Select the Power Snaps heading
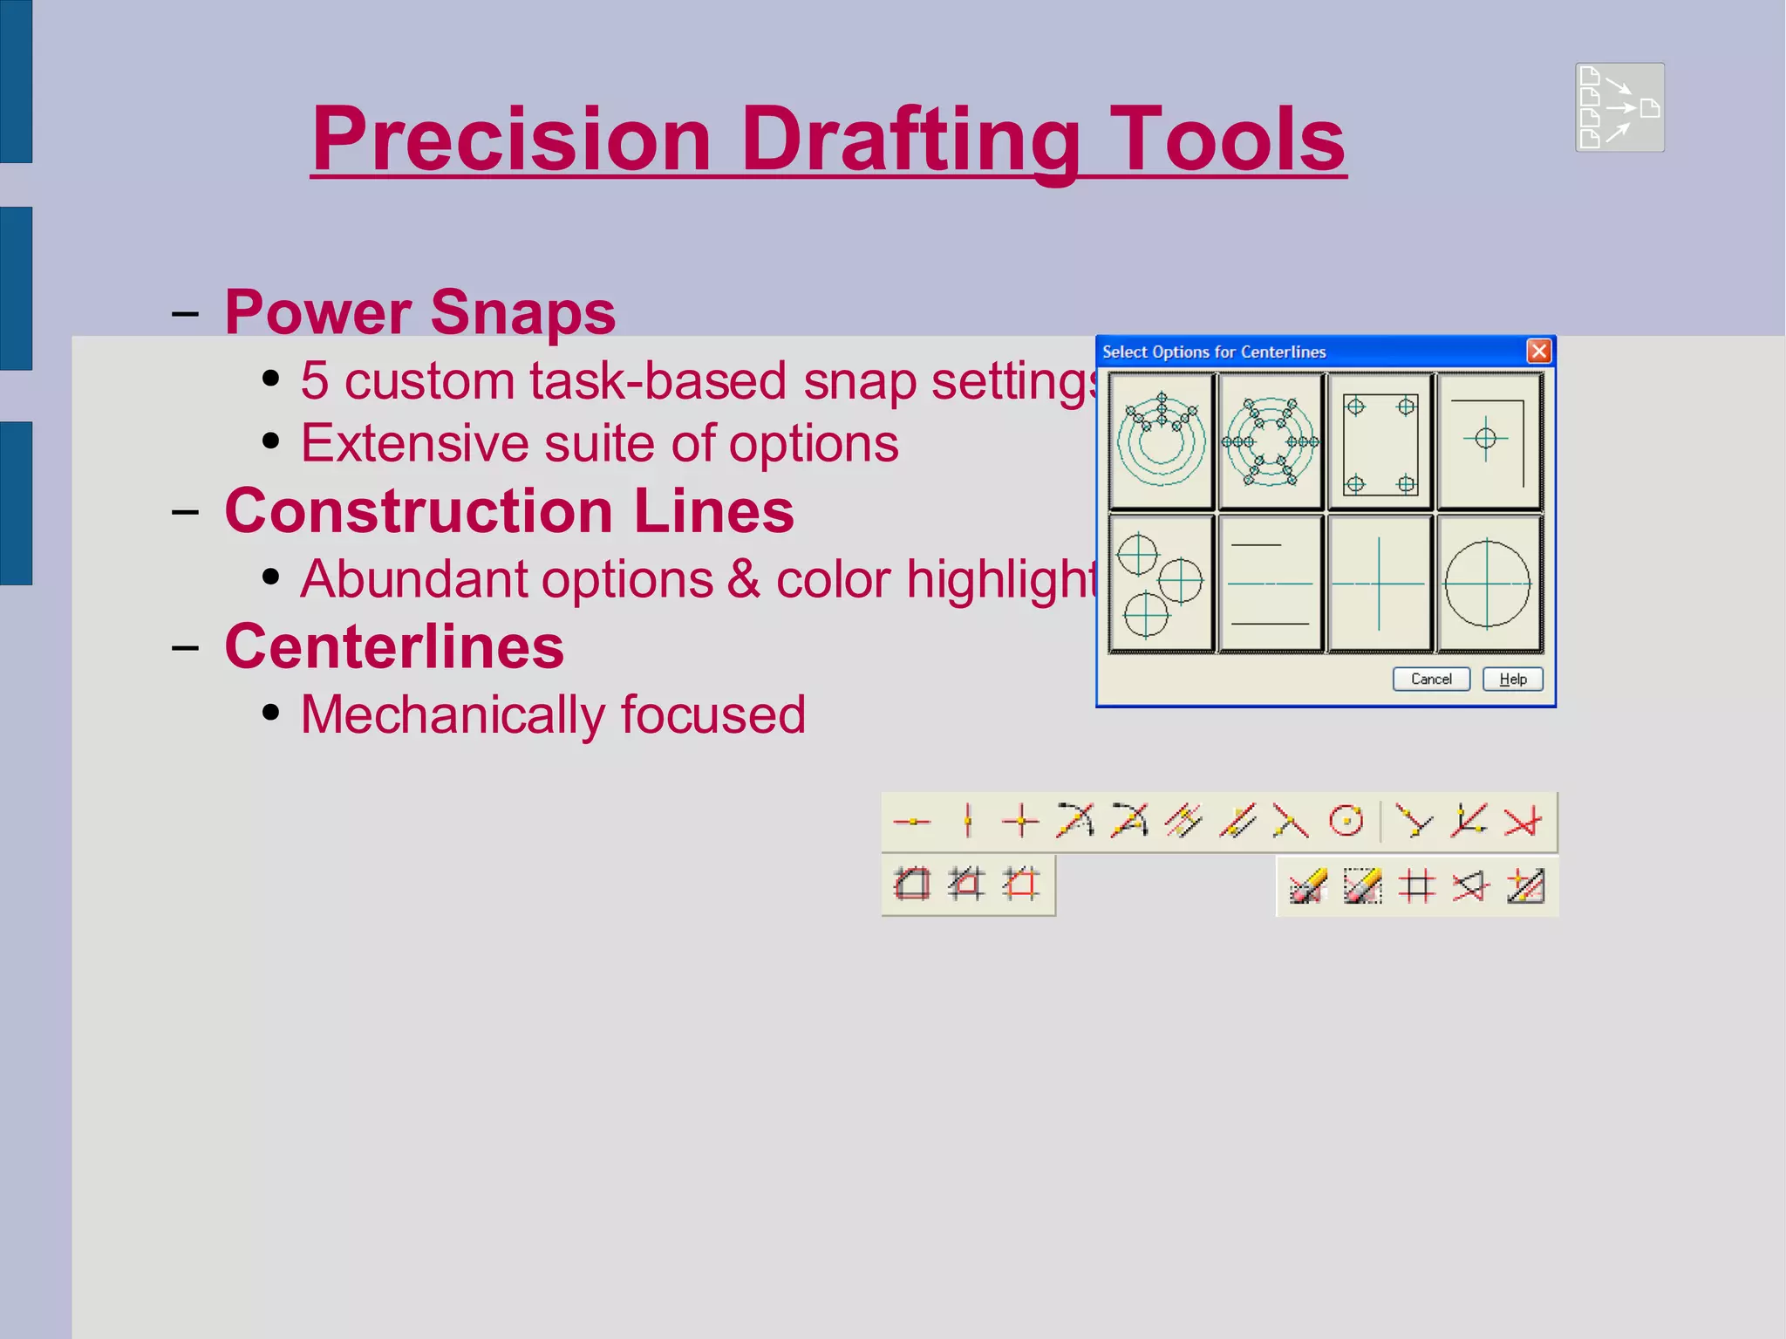pyautogui.click(x=419, y=312)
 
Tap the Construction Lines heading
pyautogui.click(x=509, y=511)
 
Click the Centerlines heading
pyautogui.click(x=394, y=647)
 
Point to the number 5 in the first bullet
pyautogui.click(x=315, y=382)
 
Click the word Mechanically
pyautogui.click(x=453, y=715)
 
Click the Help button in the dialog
pyautogui.click(x=1512, y=680)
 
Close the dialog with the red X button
pyautogui.click(x=1539, y=351)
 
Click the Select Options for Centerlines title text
pyautogui.click(x=1213, y=352)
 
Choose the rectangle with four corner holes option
pyautogui.click(x=1380, y=442)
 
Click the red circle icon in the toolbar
pyautogui.click(x=1346, y=822)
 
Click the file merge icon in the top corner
pyautogui.click(x=1619, y=107)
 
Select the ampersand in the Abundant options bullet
pyautogui.click(x=744, y=580)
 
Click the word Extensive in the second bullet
pyautogui.click(x=414, y=444)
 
